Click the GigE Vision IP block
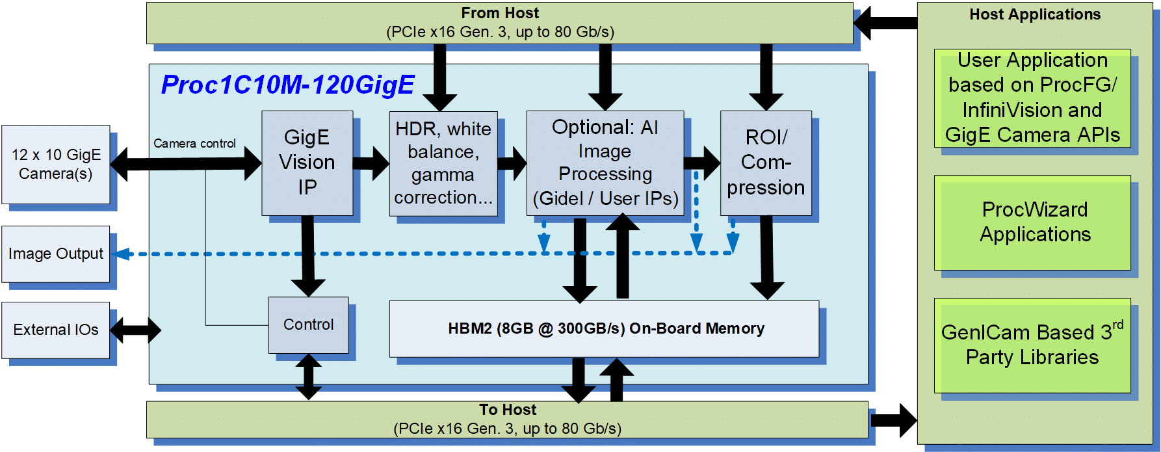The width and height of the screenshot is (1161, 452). click(x=307, y=163)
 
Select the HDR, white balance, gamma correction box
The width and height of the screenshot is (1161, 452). click(x=443, y=163)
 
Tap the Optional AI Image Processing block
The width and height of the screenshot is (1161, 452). click(x=605, y=163)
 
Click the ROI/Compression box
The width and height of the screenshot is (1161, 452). click(x=766, y=163)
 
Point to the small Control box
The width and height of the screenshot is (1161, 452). click(x=309, y=325)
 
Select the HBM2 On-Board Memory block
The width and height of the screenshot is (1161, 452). click(x=604, y=328)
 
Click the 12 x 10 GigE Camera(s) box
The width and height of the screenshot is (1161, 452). click(x=56, y=165)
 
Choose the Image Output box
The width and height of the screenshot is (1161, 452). click(x=56, y=254)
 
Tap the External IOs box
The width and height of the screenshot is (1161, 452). click(x=56, y=330)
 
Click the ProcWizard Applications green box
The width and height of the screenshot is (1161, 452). click(x=1032, y=222)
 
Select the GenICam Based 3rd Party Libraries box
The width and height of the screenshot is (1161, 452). click(x=1032, y=345)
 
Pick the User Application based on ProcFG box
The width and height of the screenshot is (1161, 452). click(x=1032, y=98)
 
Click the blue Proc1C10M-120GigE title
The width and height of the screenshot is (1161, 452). click(x=287, y=85)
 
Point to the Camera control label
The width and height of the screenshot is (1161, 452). click(x=194, y=143)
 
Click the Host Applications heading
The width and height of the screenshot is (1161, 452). click(x=1035, y=14)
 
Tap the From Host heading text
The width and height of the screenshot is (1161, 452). click(x=500, y=13)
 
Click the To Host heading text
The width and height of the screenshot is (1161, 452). click(x=508, y=410)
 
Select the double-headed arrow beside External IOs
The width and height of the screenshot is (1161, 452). click(x=135, y=330)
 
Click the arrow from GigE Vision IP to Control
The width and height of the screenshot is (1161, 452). click(x=308, y=256)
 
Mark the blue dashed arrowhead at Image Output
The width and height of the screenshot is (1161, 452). click(x=122, y=254)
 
